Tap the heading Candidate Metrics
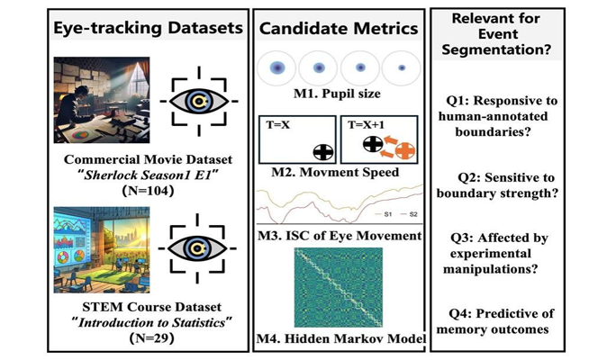(x=338, y=28)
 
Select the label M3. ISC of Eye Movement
(x=338, y=236)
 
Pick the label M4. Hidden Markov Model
(x=338, y=338)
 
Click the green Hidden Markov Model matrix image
(x=338, y=287)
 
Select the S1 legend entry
(x=383, y=216)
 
